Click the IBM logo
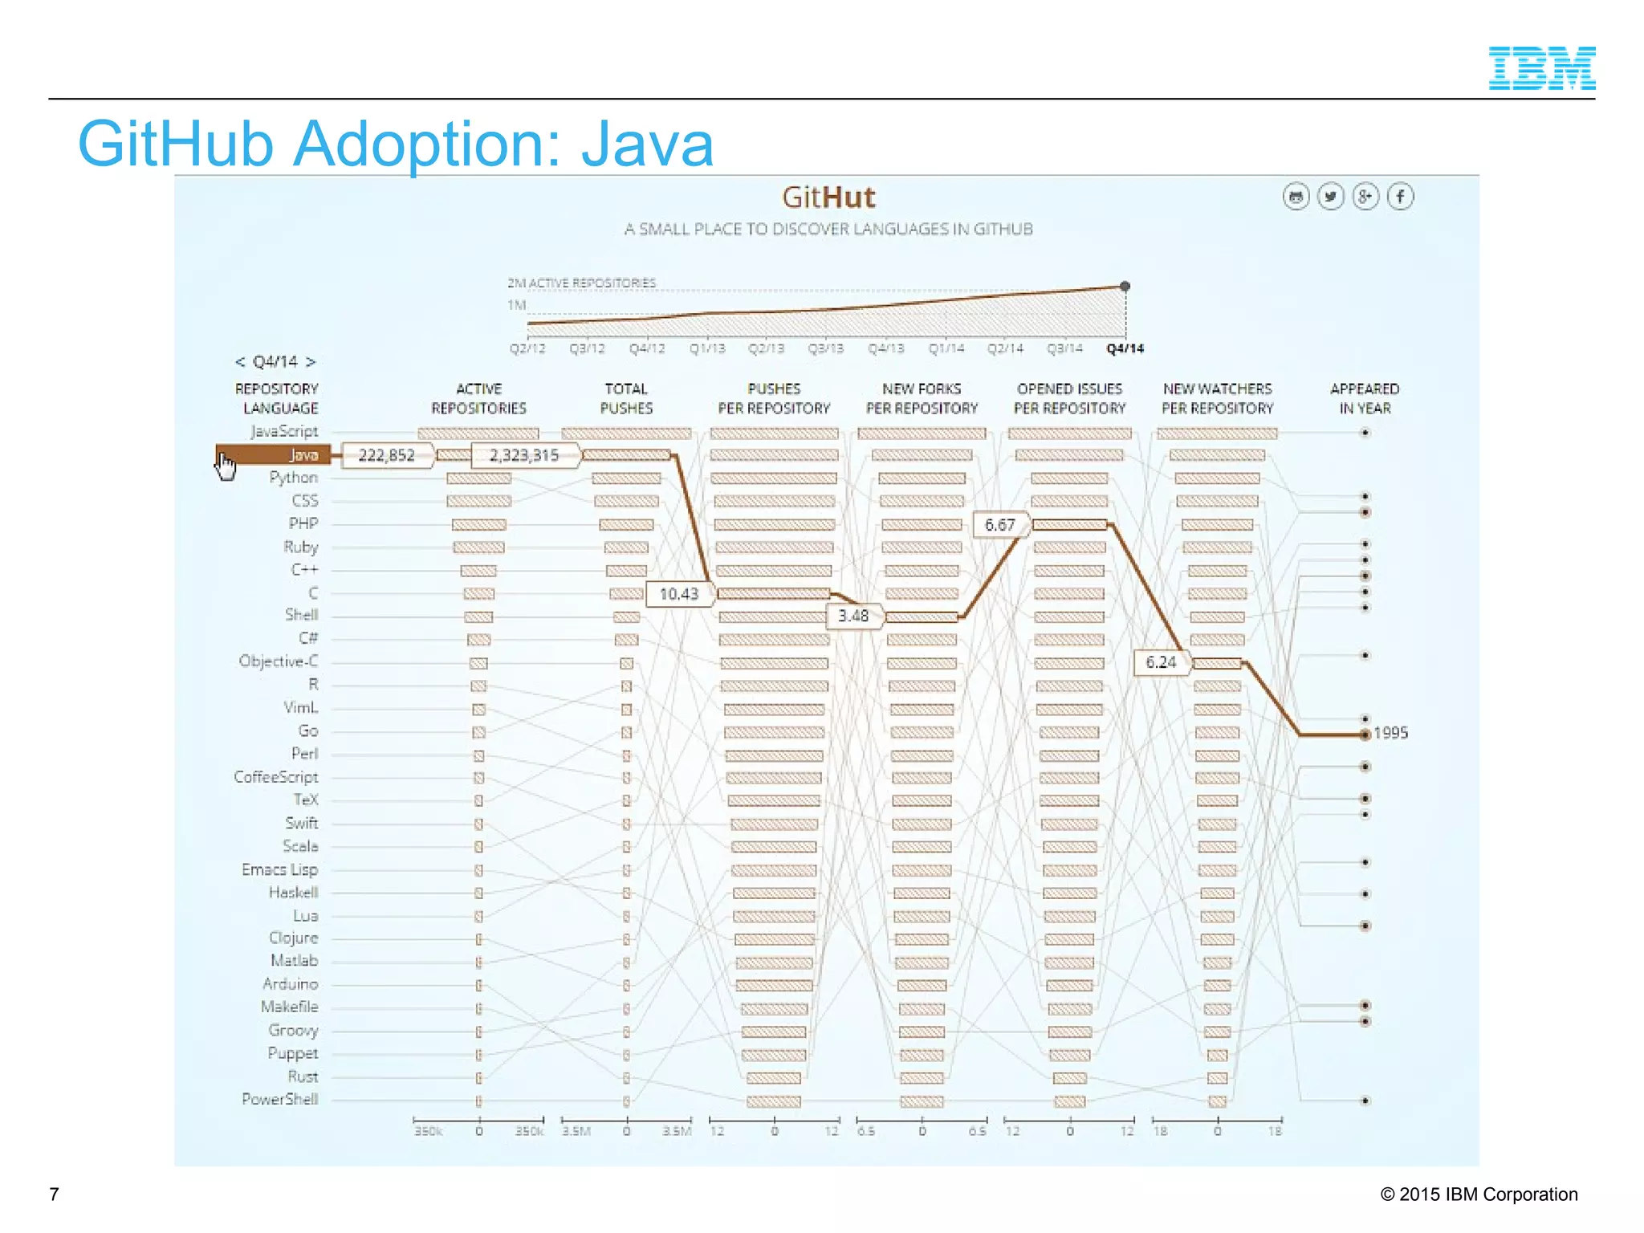pos(1541,68)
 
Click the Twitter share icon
pos(1330,197)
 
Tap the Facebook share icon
pos(1400,197)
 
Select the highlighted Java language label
pos(303,455)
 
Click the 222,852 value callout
pos(386,455)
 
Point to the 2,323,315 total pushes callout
pos(523,455)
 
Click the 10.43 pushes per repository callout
pos(678,594)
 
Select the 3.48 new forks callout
pos(853,616)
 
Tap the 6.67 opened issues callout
pos(999,525)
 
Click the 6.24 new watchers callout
pos(1160,662)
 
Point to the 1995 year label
pos(1390,733)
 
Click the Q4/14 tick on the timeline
pos(1125,348)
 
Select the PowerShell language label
pos(280,1099)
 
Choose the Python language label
pos(294,478)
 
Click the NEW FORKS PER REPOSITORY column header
pos(922,398)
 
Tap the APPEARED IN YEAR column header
pos(1364,398)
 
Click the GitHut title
pos(828,197)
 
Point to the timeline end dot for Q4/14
pos(1125,287)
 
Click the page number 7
pos(54,1194)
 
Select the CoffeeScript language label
pos(276,777)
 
